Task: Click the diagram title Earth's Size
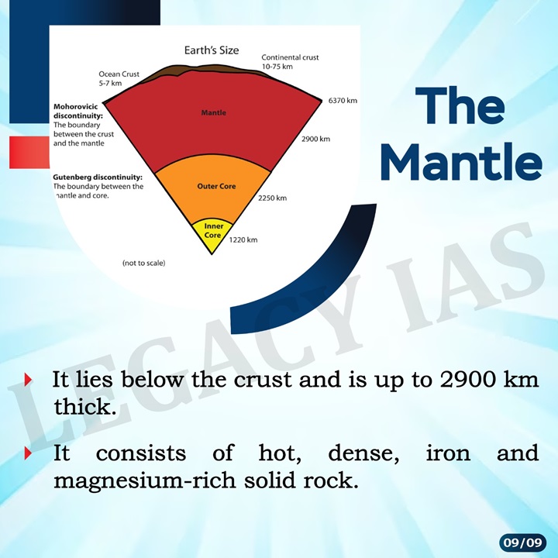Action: [212, 50]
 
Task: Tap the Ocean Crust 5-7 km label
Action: [119, 78]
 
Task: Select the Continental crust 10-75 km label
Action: [290, 62]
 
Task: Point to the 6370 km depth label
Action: [342, 101]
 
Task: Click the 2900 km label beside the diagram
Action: [315, 139]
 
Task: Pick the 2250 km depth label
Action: [272, 198]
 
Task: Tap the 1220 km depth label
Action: [243, 240]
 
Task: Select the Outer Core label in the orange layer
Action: [216, 187]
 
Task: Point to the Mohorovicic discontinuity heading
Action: [83, 110]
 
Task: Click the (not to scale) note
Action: [143, 263]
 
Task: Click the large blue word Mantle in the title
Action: [461, 162]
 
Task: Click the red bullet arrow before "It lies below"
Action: [29, 381]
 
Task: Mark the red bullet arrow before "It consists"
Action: [29, 453]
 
